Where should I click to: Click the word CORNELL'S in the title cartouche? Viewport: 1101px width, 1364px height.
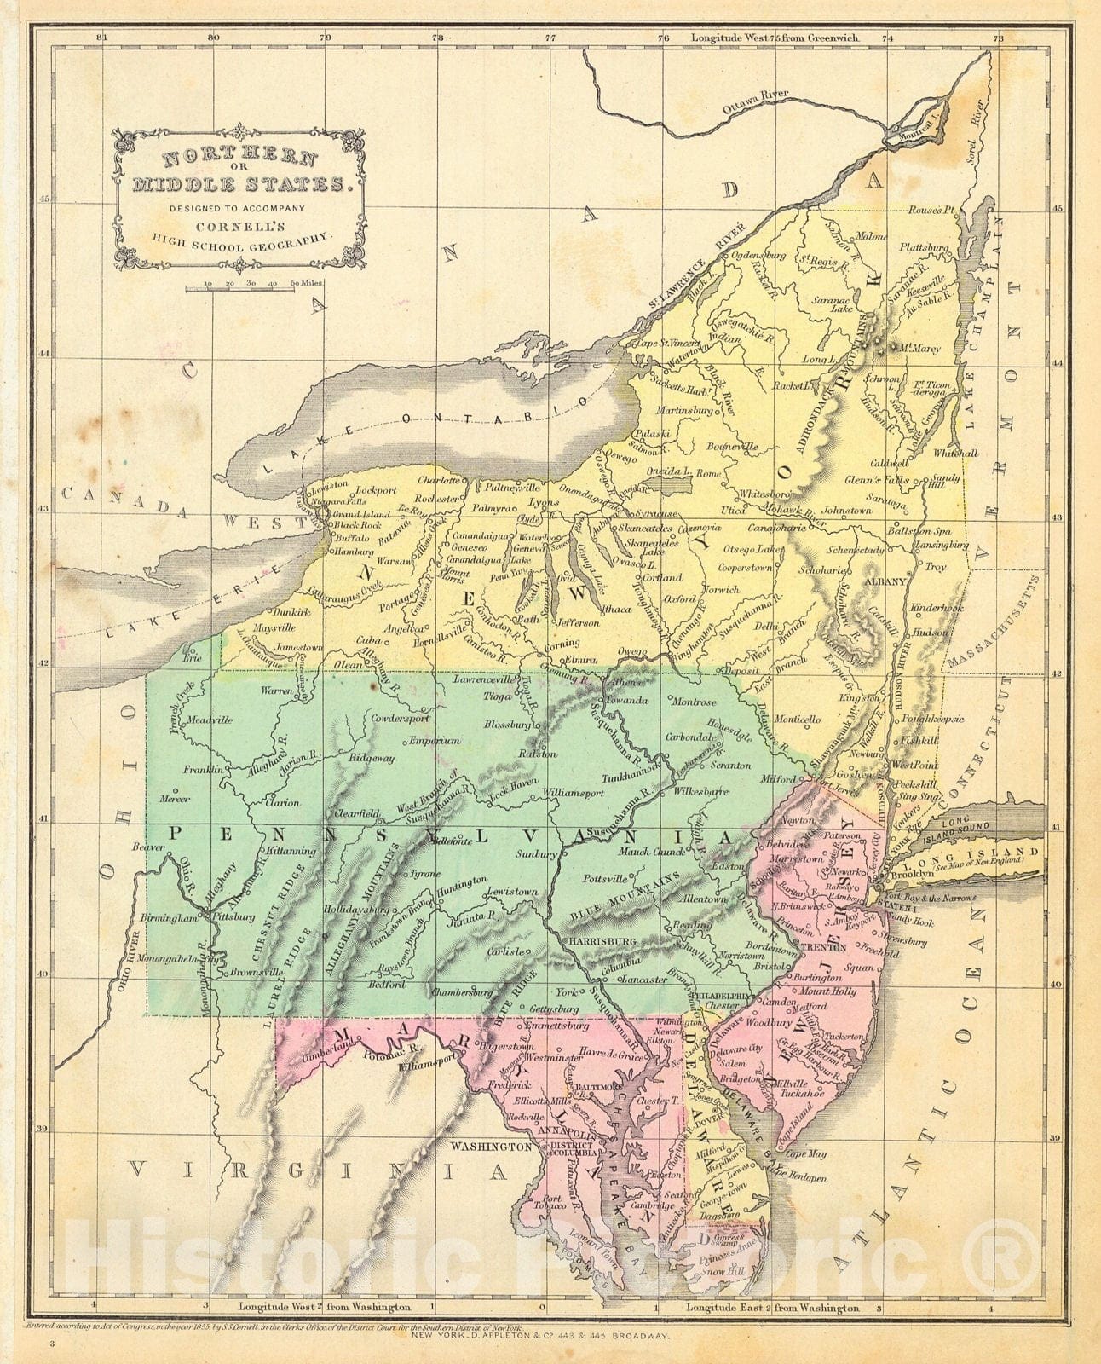pos(242,228)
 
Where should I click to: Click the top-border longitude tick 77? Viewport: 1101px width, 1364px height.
pos(551,38)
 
